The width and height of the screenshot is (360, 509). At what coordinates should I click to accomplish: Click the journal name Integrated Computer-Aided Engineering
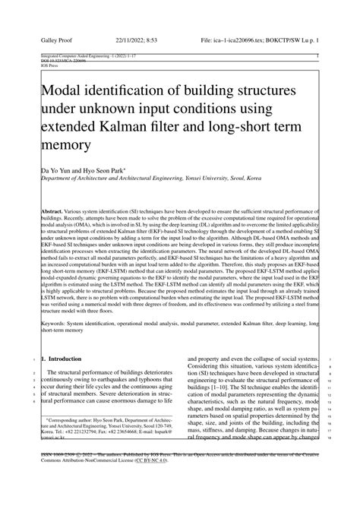coord(72,56)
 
